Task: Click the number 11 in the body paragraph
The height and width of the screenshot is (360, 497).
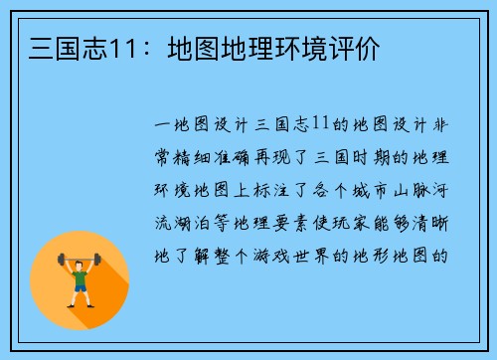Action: coord(320,125)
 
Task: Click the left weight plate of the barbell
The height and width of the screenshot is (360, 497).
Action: coord(62,263)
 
